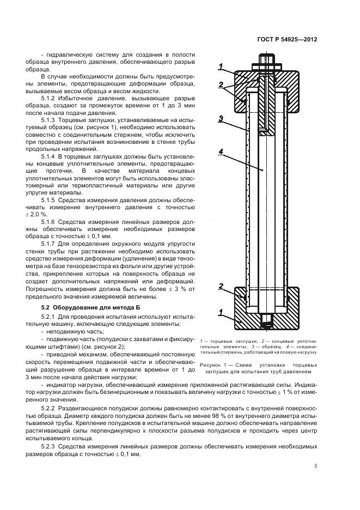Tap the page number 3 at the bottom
click(x=316, y=465)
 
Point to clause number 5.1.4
click(x=50, y=156)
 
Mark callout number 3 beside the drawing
click(x=220, y=118)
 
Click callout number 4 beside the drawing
click(x=220, y=152)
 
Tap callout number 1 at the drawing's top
click(x=221, y=66)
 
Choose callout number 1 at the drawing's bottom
click(x=221, y=312)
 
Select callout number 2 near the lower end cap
click(x=221, y=286)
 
